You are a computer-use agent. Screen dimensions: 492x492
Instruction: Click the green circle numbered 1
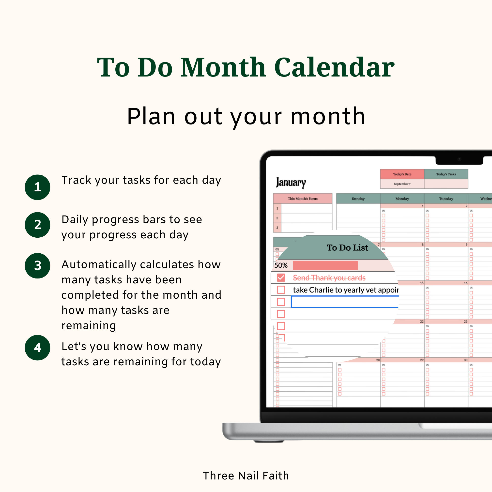click(37, 187)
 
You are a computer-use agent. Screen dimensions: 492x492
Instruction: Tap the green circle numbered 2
click(37, 225)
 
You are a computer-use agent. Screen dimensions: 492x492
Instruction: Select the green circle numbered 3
click(37, 266)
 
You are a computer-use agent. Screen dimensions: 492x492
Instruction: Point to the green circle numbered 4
click(37, 348)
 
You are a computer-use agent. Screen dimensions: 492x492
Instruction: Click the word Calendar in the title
click(334, 67)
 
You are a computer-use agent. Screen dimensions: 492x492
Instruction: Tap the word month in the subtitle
click(328, 116)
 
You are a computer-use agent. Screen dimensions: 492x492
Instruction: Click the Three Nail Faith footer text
click(246, 476)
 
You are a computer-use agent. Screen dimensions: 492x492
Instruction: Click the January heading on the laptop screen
click(291, 183)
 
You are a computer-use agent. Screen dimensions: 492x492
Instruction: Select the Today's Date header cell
click(402, 174)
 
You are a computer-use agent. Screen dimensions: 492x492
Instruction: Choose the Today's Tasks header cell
click(446, 174)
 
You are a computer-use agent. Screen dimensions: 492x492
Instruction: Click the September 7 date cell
click(402, 184)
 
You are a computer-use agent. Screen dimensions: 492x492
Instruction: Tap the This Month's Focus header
click(303, 199)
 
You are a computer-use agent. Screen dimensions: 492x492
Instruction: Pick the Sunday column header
click(358, 199)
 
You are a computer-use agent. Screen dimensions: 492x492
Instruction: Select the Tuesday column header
click(446, 199)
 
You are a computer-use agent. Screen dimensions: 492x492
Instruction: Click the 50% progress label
click(281, 265)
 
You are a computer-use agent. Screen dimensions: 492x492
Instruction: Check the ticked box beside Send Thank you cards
click(281, 277)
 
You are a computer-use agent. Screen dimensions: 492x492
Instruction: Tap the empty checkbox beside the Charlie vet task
click(281, 290)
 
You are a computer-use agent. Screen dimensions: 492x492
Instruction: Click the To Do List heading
click(347, 247)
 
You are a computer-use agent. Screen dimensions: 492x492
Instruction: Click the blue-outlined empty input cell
click(345, 302)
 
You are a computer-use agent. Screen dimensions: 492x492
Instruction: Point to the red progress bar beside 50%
click(325, 265)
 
